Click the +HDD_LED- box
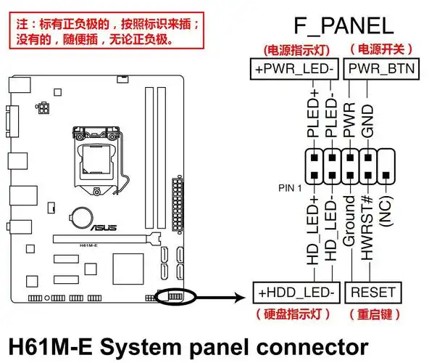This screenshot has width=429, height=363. [x=295, y=293]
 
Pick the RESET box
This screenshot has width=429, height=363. [x=372, y=293]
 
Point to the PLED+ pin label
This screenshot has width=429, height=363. [x=313, y=113]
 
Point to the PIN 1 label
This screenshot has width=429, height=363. [x=290, y=187]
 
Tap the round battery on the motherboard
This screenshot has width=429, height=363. [x=78, y=216]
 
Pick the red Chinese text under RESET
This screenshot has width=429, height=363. [x=372, y=314]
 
